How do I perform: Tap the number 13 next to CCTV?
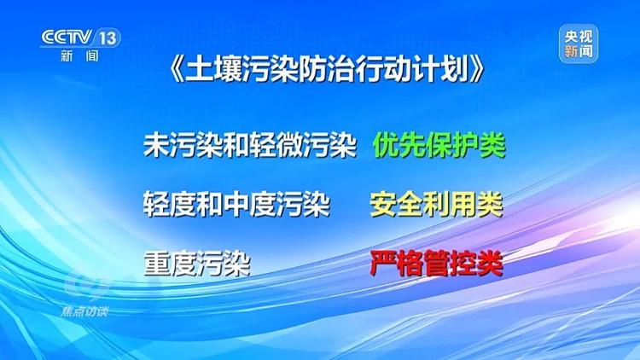pyautogui.click(x=109, y=38)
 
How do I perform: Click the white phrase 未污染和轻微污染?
pyautogui.click(x=249, y=147)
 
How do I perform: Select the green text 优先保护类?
pyautogui.click(x=439, y=147)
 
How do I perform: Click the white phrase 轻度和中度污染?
pyautogui.click(x=236, y=205)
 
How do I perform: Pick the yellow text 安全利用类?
pyautogui.click(x=436, y=205)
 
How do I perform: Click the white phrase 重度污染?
pyautogui.click(x=196, y=263)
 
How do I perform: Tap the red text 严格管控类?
pyautogui.click(x=436, y=263)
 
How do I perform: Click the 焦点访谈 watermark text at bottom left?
pyautogui.click(x=84, y=311)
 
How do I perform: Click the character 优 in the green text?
pyautogui.click(x=386, y=147)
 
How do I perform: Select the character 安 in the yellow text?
pyautogui.click(x=383, y=205)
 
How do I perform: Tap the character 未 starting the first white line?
pyautogui.click(x=156, y=147)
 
